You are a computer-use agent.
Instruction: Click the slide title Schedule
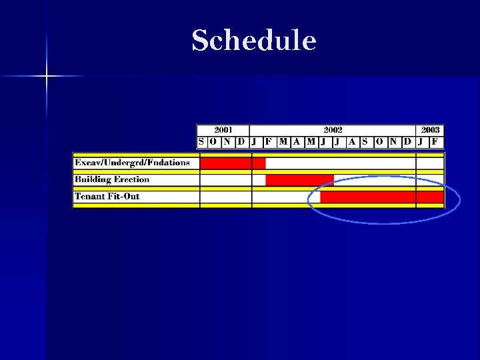click(253, 41)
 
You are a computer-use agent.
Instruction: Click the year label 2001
click(223, 130)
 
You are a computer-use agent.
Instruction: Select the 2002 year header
click(333, 130)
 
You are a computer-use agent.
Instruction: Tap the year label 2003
click(430, 130)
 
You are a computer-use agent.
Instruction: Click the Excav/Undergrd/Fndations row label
click(132, 163)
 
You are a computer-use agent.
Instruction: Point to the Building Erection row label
click(112, 179)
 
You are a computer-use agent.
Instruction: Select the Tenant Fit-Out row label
click(107, 197)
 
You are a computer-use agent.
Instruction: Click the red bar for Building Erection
click(299, 180)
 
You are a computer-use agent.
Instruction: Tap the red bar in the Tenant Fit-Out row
click(381, 197)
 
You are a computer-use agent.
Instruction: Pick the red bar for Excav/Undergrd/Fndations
click(233, 163)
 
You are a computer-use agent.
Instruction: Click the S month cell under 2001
click(201, 142)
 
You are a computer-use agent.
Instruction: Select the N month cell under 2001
click(227, 142)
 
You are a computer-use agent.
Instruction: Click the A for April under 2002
click(297, 142)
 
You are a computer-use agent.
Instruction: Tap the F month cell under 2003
click(435, 142)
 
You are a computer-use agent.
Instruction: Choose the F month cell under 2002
click(268, 142)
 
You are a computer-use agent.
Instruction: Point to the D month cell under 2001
click(241, 142)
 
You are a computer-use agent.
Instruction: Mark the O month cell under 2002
click(379, 142)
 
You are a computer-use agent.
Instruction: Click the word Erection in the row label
click(132, 179)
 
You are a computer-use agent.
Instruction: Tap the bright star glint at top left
click(47, 77)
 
